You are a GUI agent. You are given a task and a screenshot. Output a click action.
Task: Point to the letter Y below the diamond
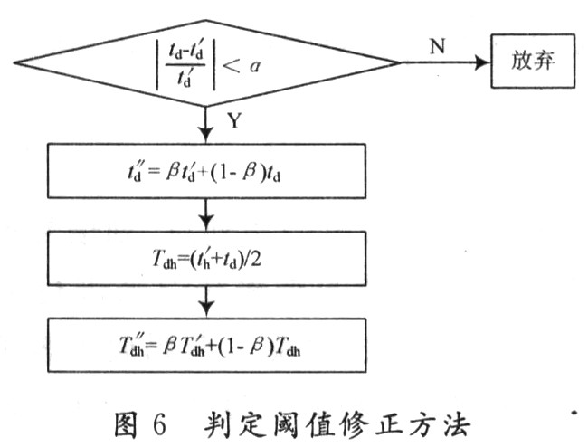point(234,119)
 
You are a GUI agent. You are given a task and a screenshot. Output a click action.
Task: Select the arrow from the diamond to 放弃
point(444,63)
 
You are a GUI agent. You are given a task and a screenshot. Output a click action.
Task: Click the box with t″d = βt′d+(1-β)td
point(207,170)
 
